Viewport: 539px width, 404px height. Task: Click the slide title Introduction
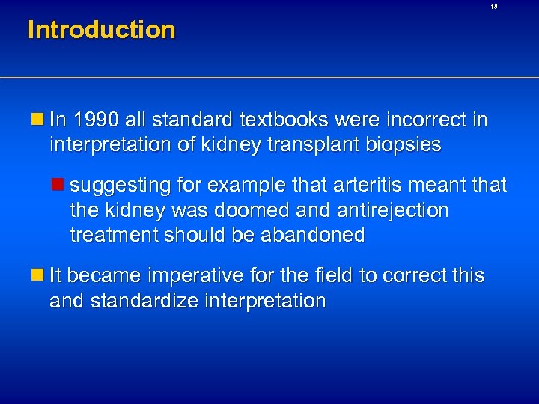tap(101, 31)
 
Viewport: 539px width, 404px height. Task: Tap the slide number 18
tap(494, 7)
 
